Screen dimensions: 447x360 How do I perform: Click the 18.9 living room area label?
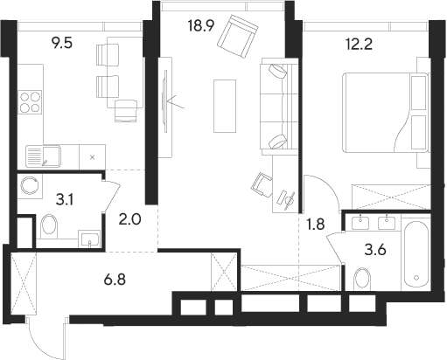pos(201,26)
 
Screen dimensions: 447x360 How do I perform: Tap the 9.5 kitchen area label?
pos(61,43)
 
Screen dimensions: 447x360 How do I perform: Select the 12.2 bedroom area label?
pos(359,45)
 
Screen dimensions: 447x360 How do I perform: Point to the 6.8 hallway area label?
pos(115,280)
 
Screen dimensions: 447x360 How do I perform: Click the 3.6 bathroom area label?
pos(375,250)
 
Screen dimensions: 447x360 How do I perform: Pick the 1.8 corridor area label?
pos(316,225)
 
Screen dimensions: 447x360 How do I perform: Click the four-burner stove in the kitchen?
pos(30,102)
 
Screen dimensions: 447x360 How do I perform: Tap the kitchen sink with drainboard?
pos(43,156)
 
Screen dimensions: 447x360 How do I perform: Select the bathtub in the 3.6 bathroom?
pos(416,254)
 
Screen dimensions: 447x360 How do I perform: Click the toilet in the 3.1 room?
pos(49,226)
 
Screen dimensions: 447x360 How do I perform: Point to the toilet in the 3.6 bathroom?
pos(362,279)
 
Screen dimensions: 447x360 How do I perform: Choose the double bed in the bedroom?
pos(385,113)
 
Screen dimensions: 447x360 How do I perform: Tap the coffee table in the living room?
pos(225,106)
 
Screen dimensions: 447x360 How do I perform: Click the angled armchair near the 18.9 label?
pos(237,37)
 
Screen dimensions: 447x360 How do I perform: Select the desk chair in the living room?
pos(262,184)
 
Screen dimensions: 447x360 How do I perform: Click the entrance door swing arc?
pos(41,347)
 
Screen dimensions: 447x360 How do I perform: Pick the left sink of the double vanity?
pos(360,223)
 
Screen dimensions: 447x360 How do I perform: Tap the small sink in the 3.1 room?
pos(89,239)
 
